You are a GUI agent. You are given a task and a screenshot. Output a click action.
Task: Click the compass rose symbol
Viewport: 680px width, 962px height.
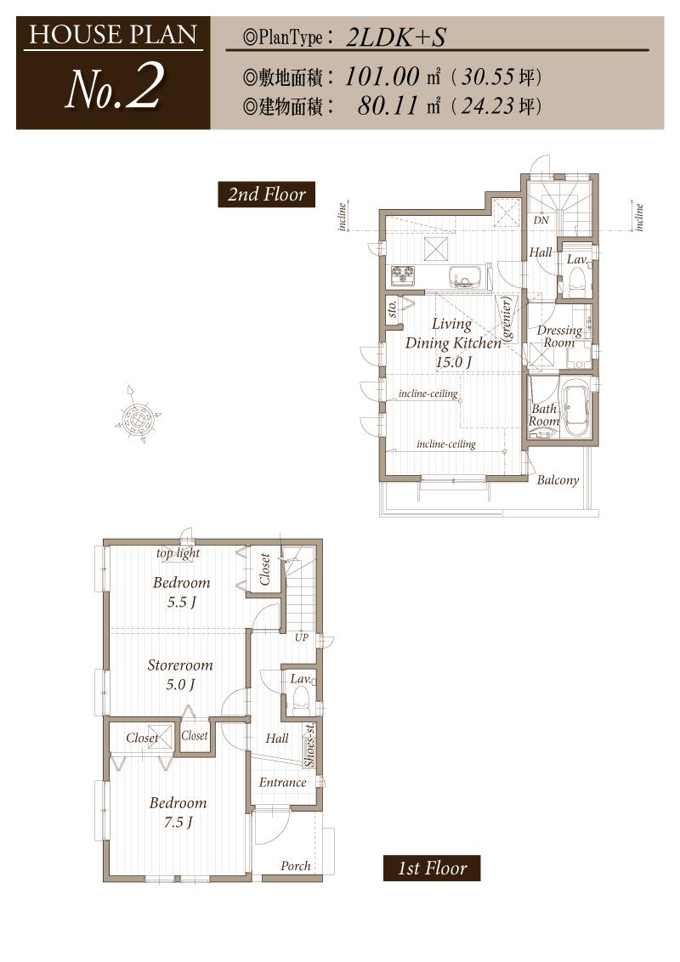click(x=137, y=416)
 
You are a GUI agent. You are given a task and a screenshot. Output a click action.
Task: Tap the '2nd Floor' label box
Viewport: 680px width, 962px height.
click(x=266, y=195)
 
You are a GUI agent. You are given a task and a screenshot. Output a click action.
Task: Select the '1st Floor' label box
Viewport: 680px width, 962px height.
click(x=432, y=869)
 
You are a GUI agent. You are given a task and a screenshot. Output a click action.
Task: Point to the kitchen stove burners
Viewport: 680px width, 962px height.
click(x=403, y=275)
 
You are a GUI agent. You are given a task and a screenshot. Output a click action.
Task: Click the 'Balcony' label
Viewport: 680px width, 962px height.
click(x=558, y=480)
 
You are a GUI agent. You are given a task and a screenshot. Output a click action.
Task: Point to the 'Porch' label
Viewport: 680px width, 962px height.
click(x=296, y=866)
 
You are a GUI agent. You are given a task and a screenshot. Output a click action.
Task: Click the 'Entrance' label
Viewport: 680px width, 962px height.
click(x=283, y=782)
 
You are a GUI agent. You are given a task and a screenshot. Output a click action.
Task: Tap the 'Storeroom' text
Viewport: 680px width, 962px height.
click(x=180, y=665)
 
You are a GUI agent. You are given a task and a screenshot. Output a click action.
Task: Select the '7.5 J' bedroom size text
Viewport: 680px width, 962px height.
click(x=178, y=822)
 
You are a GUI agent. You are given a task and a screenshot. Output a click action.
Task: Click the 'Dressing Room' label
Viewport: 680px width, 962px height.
click(x=559, y=337)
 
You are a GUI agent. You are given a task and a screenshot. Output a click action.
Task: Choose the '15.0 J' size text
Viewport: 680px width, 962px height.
click(x=454, y=362)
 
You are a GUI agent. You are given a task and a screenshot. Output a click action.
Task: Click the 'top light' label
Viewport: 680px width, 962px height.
click(x=178, y=553)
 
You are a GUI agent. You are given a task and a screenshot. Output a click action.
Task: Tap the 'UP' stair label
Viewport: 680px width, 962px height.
click(x=302, y=637)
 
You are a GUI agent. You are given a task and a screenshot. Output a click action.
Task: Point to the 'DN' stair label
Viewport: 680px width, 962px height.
click(x=541, y=220)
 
